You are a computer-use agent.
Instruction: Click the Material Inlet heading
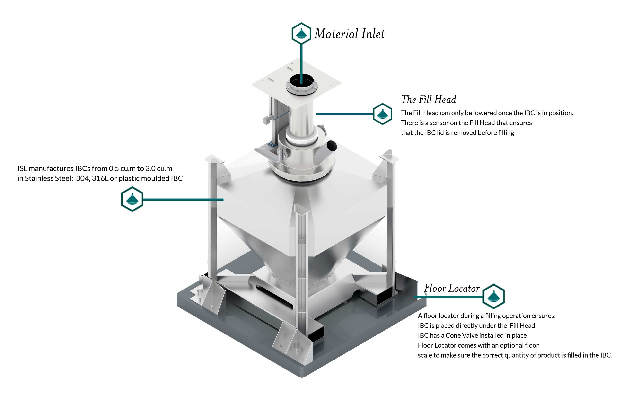pos(350,34)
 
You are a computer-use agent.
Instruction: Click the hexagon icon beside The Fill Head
pos(383,114)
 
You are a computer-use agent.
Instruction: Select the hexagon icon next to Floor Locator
pos(493,296)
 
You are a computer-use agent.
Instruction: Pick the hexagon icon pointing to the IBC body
pos(132,199)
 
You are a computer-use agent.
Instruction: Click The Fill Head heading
pos(429,99)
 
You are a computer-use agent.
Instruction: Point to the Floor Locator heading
pos(452,288)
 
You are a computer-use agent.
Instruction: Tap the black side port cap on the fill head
pos(332,146)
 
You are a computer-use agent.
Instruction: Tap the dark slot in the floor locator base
pos(274,297)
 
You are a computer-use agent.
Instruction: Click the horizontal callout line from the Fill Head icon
pos(344,114)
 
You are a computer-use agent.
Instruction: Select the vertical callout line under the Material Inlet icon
pos(301,63)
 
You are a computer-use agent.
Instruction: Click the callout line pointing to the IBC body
pos(183,199)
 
